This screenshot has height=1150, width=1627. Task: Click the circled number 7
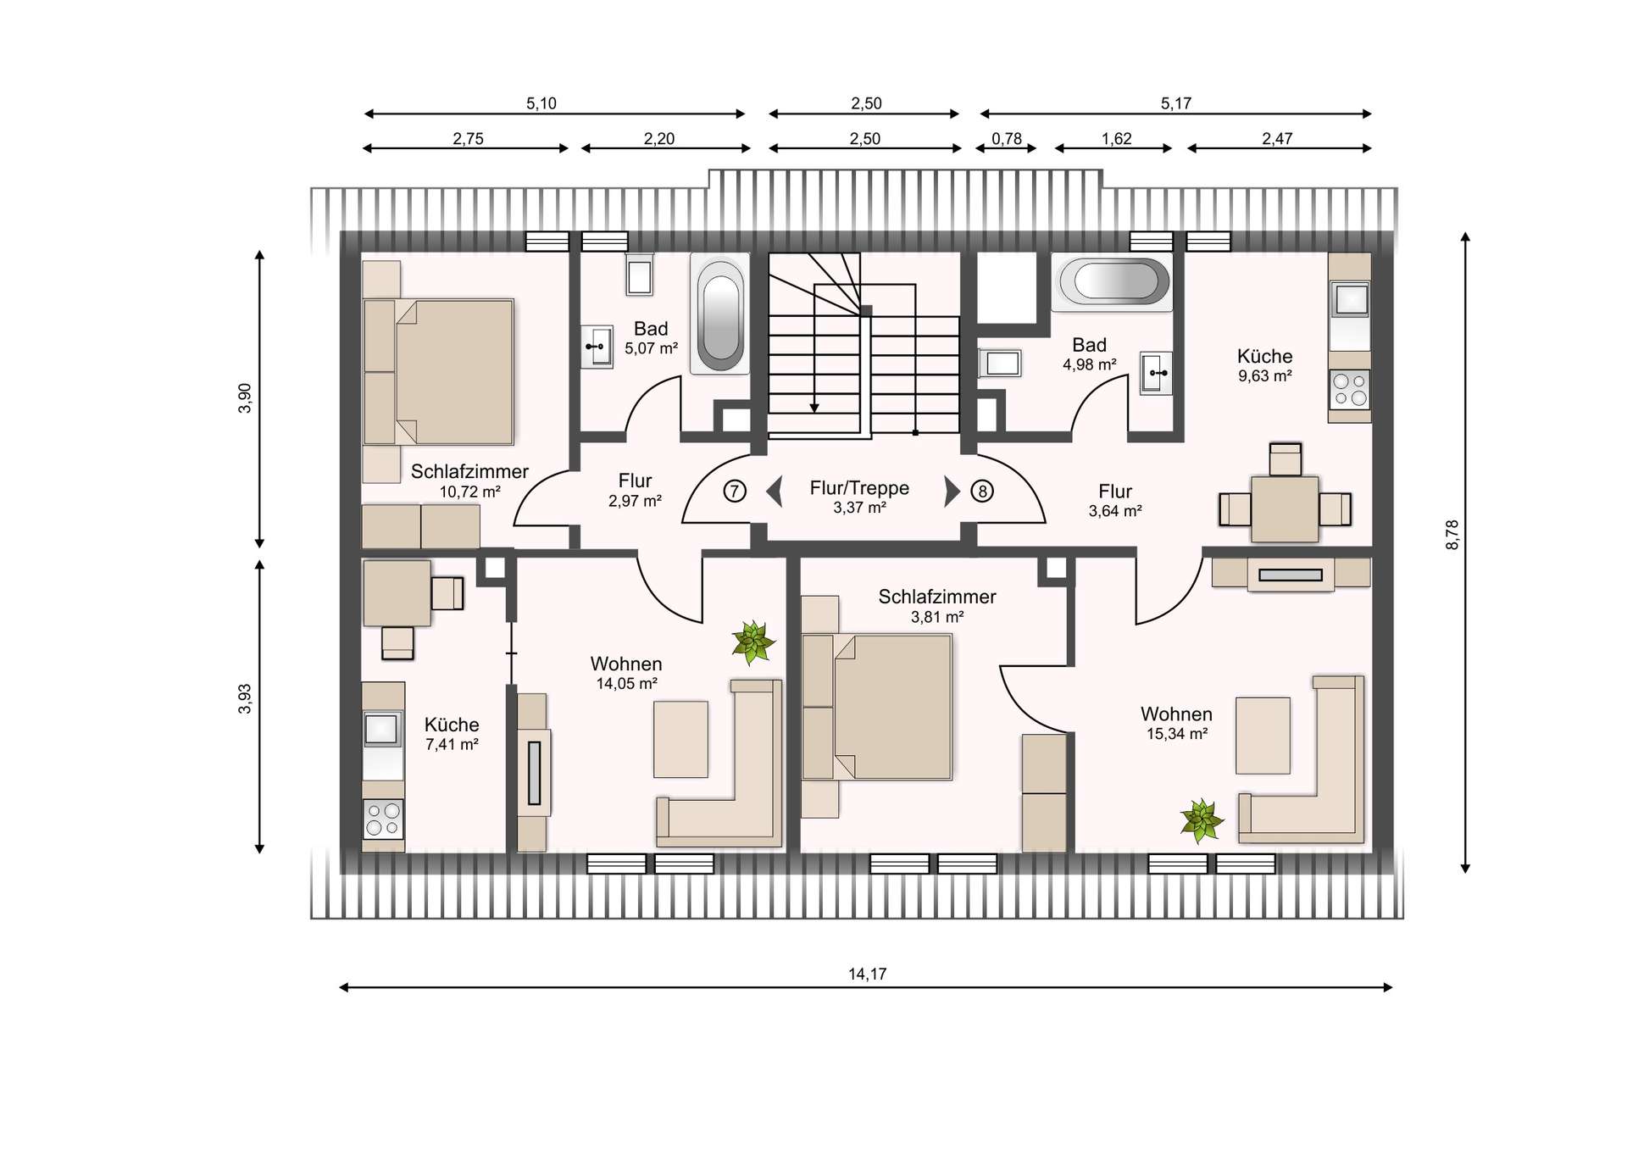[x=735, y=491]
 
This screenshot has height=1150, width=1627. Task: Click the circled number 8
[x=982, y=491]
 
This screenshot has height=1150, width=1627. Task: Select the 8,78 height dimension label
[x=1452, y=535]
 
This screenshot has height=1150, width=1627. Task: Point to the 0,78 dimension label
[x=1007, y=138]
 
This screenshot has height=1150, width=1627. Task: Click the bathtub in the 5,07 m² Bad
[x=719, y=314]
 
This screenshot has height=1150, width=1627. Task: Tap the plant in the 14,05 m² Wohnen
[x=752, y=642]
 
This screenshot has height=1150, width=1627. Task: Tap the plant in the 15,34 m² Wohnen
[x=1202, y=820]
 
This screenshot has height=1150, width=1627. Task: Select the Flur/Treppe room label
[x=859, y=488]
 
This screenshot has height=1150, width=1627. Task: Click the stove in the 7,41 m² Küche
[x=382, y=818]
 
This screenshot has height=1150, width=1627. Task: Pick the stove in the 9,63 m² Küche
[x=1350, y=390]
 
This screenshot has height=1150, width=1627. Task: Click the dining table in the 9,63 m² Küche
[x=1285, y=508]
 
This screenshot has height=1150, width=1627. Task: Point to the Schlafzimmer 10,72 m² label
[x=469, y=481]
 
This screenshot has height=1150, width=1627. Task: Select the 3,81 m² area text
[x=937, y=617]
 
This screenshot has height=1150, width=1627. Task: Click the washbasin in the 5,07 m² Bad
[x=597, y=347]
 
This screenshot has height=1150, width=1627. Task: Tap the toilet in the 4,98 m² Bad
[x=1000, y=364]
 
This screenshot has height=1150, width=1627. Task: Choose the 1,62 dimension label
[x=1116, y=138]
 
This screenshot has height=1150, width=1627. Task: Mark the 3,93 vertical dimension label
[x=245, y=699]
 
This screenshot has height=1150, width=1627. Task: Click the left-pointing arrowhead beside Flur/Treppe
[x=774, y=492]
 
